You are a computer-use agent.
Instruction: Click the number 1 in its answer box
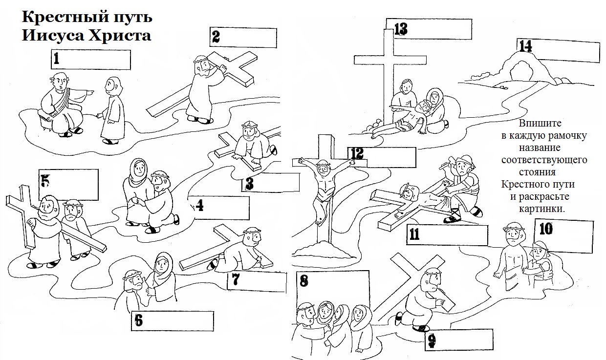pos(57,60)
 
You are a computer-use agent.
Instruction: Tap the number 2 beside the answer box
pos(216,36)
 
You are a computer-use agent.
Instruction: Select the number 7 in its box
pos(236,279)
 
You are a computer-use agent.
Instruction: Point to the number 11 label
pos(414,234)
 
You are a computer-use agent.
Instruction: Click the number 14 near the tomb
pos(525,46)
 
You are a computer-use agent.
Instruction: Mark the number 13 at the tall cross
pos(400,29)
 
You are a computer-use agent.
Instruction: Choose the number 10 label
pos(546,228)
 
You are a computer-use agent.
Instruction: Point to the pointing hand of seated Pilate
pos(89,92)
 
